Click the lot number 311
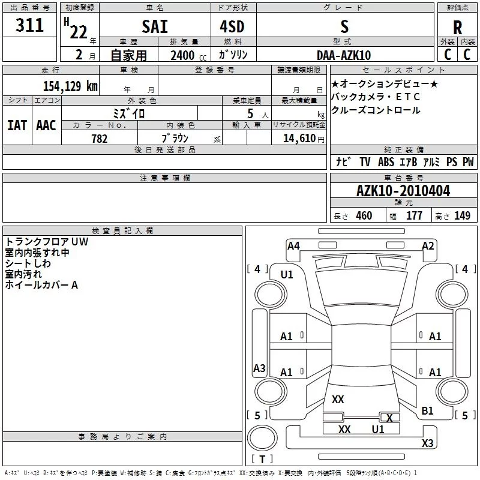tap(29, 25)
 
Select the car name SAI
tap(155, 26)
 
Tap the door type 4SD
tap(232, 26)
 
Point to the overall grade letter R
tap(457, 28)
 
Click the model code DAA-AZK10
tap(344, 55)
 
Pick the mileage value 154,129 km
tap(70, 86)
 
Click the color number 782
tap(100, 139)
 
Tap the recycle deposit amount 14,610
tap(299, 139)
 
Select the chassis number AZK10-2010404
tap(403, 191)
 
